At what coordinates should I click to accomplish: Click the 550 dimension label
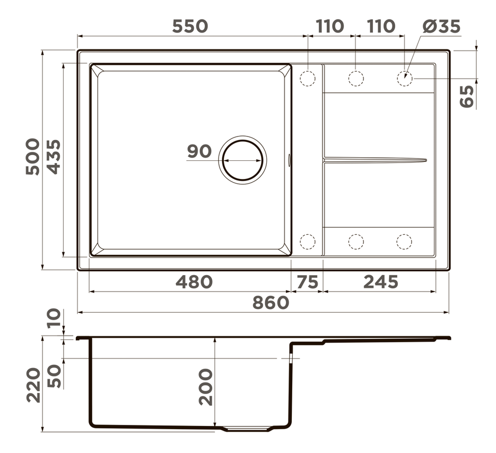click(189, 26)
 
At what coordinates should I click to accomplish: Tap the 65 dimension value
click(466, 96)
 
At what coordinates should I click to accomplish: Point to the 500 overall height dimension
click(32, 156)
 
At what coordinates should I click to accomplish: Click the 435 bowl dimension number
click(53, 156)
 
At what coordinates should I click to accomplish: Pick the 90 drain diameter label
click(199, 151)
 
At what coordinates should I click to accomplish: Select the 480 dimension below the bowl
click(194, 282)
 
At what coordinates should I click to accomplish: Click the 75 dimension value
click(307, 282)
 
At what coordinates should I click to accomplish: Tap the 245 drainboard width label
click(380, 282)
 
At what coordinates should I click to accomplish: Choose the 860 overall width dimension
click(271, 303)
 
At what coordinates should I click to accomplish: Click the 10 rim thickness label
click(54, 320)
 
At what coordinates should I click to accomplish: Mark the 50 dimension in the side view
click(54, 376)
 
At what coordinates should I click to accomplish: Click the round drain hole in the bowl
click(242, 159)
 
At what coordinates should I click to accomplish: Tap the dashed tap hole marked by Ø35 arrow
click(404, 79)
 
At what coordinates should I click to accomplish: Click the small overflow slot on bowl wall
click(290, 159)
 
